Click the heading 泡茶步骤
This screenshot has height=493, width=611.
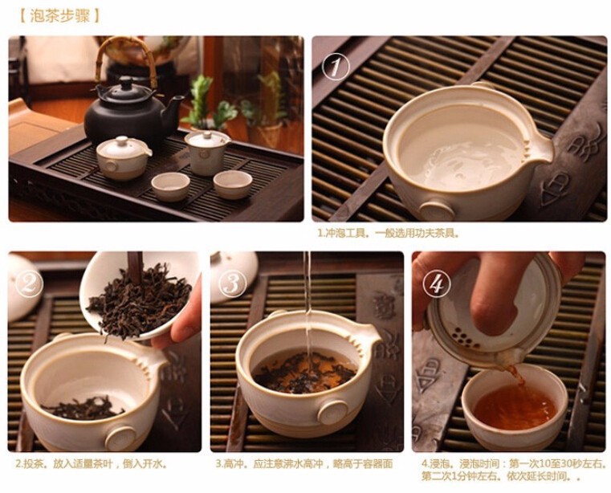pos(59,16)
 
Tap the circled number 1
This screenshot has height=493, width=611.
pos(335,67)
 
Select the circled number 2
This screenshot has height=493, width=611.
pos(29,283)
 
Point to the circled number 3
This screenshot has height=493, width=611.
pos(233,283)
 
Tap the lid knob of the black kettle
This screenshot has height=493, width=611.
pos(126,83)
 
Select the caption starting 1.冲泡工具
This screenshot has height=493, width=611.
pos(389,233)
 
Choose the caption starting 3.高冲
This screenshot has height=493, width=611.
pos(304,464)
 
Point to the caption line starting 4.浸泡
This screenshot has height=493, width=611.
pos(515,464)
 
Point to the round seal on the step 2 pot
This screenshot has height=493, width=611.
pos(120,439)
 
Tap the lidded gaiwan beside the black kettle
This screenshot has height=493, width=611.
pos(207,153)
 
